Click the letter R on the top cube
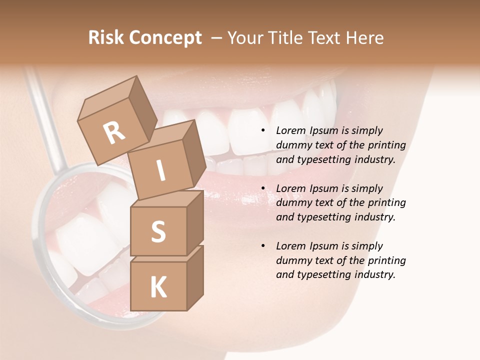point(114,132)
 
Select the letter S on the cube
point(158,231)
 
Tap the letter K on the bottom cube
point(158,287)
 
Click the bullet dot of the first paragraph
point(263,130)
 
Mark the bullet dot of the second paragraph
point(263,188)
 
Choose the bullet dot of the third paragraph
point(263,246)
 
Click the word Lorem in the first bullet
point(290,130)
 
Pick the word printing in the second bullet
point(386,203)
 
